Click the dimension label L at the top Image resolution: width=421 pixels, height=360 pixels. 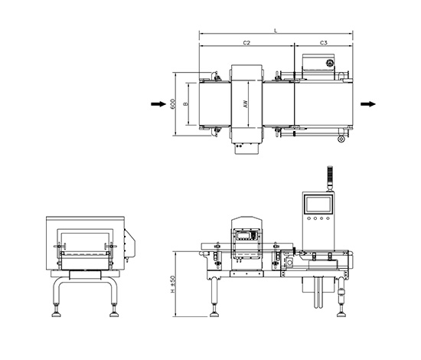[276, 31]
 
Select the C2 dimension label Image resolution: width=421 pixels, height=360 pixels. [246, 43]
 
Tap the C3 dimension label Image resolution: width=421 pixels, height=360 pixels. [324, 43]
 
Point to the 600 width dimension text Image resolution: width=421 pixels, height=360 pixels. [173, 104]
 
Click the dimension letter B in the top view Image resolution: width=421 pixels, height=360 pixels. [185, 104]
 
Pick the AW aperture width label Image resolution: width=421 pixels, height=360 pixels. [245, 104]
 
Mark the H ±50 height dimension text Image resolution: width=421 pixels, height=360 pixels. [173, 284]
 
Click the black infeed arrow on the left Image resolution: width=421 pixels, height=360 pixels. [158, 104]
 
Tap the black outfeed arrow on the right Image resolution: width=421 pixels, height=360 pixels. [368, 104]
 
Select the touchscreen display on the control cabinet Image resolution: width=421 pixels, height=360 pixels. [318, 205]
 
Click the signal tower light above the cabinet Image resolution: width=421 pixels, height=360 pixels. [330, 176]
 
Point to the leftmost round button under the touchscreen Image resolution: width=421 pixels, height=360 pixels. [309, 218]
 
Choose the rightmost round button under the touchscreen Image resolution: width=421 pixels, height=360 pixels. [328, 218]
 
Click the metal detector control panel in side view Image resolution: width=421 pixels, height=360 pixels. [246, 235]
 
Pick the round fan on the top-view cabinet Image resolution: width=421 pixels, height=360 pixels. [330, 64]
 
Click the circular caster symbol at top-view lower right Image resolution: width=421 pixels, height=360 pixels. [341, 139]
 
